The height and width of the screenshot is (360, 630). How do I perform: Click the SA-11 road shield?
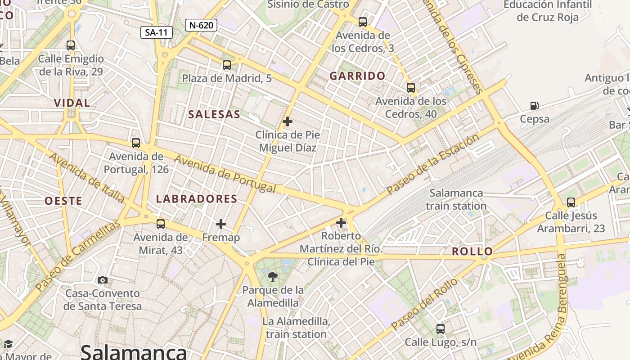point(156,32)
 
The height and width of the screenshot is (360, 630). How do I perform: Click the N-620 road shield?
point(201,25)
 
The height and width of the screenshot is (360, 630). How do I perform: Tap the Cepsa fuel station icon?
point(535,106)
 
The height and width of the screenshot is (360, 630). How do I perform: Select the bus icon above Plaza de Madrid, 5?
point(227,65)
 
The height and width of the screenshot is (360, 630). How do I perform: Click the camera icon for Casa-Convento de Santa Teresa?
point(103,280)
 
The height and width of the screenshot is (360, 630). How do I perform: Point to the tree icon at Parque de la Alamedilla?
point(272,277)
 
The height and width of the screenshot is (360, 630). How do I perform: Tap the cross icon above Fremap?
point(221,224)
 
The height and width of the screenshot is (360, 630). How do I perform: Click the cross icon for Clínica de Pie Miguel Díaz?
point(288,121)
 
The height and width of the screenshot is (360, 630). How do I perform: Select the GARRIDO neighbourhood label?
point(357,76)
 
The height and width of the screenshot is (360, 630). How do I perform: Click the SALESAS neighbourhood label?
point(214,114)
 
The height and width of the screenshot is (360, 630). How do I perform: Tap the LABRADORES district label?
point(197,199)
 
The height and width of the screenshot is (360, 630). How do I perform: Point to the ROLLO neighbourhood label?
point(472,252)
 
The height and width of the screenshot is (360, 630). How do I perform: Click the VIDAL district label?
point(72,103)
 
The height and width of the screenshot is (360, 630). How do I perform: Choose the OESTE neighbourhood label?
point(63,201)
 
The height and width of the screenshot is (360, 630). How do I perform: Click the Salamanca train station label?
point(456,199)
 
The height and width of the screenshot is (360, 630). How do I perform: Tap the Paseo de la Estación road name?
point(432,164)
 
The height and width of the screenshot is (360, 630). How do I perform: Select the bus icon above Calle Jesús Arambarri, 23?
point(571,202)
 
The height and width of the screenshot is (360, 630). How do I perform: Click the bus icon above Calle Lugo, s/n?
point(441,329)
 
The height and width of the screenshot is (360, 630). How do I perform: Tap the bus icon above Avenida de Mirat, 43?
point(161,224)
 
